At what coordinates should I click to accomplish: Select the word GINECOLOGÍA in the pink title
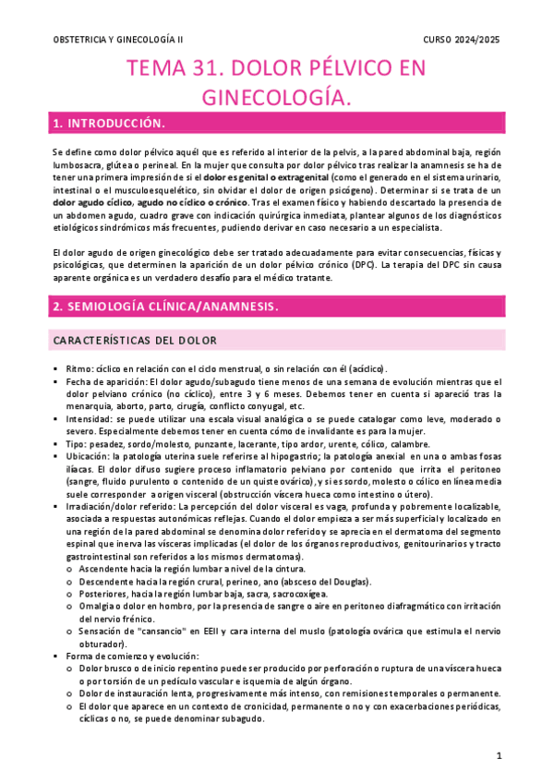276,96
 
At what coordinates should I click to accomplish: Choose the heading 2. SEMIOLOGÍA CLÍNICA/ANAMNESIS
166,305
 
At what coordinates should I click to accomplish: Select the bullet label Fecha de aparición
106,381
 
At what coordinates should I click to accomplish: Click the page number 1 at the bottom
499,756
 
